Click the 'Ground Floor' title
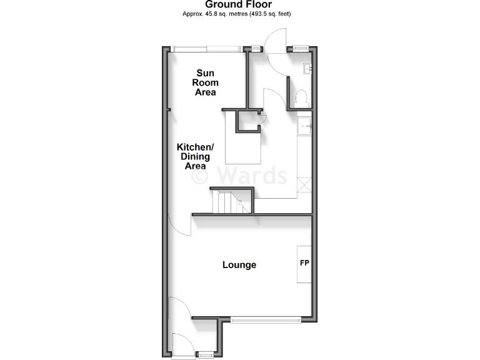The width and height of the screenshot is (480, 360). pyautogui.click(x=238, y=4)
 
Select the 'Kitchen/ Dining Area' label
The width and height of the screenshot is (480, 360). pyautogui.click(x=197, y=156)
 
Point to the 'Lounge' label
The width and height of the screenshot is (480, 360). pyautogui.click(x=239, y=265)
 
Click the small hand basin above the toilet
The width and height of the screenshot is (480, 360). pyautogui.click(x=307, y=69)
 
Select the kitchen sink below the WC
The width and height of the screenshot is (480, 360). pyautogui.click(x=304, y=126)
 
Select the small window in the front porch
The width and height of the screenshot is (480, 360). pyautogui.click(x=204, y=354)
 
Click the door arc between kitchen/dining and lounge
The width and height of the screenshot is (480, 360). pyautogui.click(x=178, y=225)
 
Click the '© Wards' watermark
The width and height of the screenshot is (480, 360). pyautogui.click(x=239, y=174)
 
